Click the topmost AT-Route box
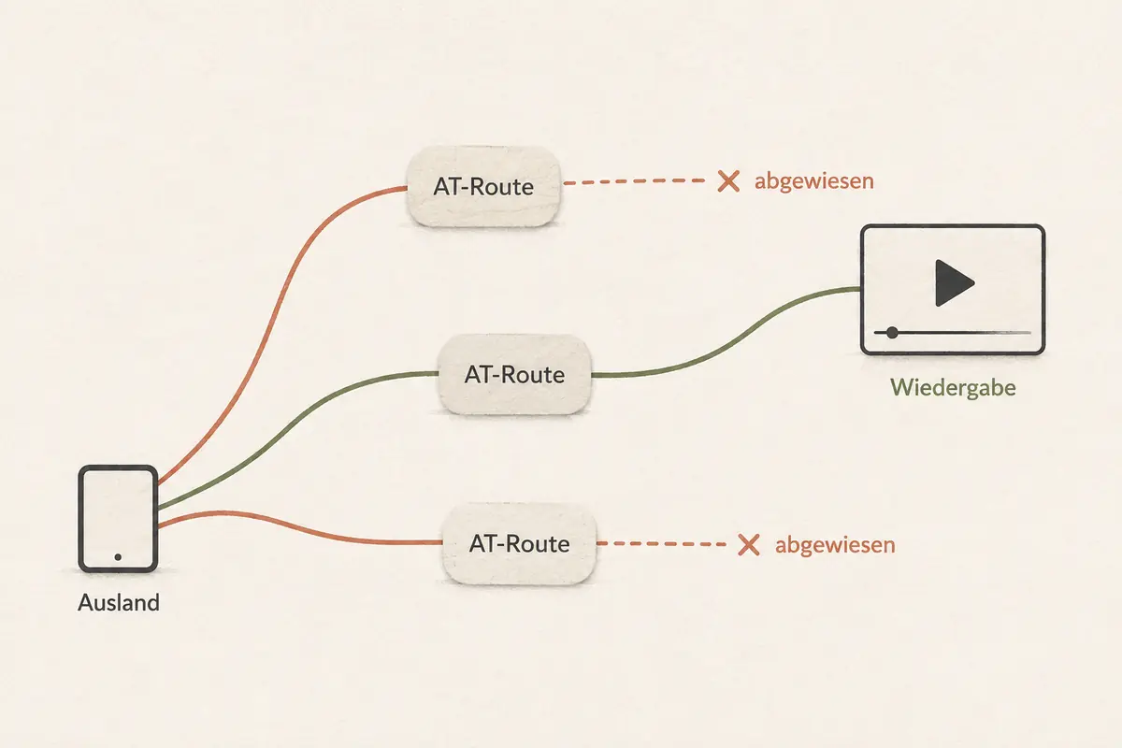[x=483, y=186]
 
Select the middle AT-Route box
[x=514, y=375]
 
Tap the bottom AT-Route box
[x=520, y=543]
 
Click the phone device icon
[x=118, y=519]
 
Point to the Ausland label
[x=119, y=602]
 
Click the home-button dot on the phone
[x=118, y=557]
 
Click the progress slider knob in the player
[x=892, y=333]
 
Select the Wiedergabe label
[x=953, y=388]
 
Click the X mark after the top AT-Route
[x=728, y=181]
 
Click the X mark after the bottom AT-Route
[x=749, y=544]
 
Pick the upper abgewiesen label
[x=814, y=181]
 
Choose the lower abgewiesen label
[x=835, y=544]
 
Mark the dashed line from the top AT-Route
[x=634, y=182]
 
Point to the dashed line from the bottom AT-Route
[x=661, y=543]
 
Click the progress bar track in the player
[x=952, y=333]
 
